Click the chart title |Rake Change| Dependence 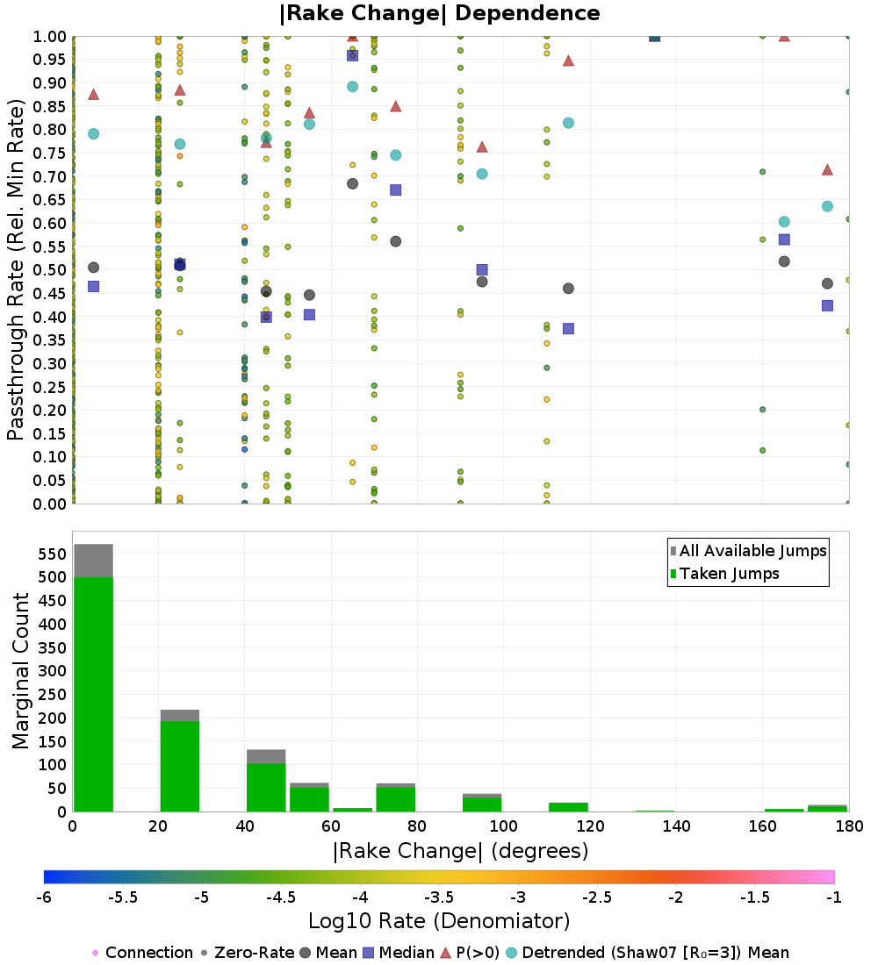[x=439, y=13]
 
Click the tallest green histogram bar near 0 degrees [x=94, y=694]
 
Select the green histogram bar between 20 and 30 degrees [x=180, y=766]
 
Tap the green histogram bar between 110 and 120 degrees [x=568, y=807]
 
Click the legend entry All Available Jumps [x=748, y=551]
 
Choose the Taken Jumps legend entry [x=724, y=574]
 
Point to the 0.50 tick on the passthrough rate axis [x=49, y=270]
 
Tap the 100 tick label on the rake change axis [x=503, y=826]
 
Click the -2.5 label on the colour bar [x=598, y=897]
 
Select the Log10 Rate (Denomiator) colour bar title [x=439, y=920]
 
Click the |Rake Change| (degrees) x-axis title [x=461, y=851]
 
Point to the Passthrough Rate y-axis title [x=16, y=269]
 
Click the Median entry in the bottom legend [x=399, y=953]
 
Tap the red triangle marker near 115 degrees [x=568, y=61]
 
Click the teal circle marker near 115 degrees [x=568, y=123]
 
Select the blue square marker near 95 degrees [x=482, y=269]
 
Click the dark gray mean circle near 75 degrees [x=396, y=241]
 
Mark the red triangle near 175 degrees [x=827, y=170]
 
